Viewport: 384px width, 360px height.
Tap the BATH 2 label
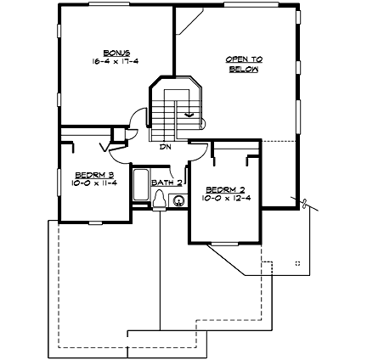click(167, 183)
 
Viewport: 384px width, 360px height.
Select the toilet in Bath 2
click(159, 198)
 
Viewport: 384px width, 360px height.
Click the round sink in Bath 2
click(178, 201)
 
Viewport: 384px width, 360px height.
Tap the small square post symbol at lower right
click(296, 264)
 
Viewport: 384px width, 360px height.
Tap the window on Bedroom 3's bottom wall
click(93, 222)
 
